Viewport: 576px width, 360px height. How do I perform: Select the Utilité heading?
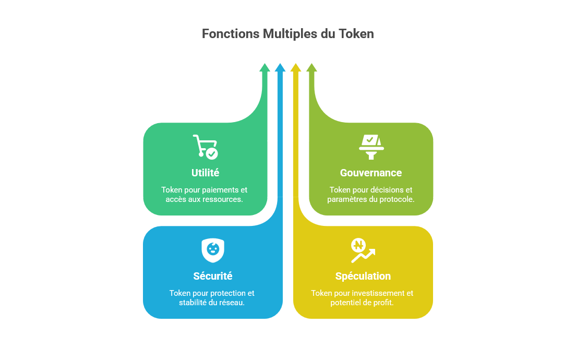205,173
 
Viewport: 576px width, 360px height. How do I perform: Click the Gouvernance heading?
371,173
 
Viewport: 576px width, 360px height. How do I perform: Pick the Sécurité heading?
213,276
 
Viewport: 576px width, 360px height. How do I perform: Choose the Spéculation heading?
363,276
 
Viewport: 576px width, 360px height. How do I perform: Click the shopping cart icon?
205,147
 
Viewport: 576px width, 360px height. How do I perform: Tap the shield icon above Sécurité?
213,250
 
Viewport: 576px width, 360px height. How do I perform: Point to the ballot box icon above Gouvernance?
371,147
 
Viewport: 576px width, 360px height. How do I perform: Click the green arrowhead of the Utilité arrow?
265,67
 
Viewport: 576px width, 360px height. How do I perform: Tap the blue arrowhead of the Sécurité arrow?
280,67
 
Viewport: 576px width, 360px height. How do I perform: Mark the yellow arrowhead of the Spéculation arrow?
296,67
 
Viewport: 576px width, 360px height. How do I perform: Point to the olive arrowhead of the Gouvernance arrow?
311,67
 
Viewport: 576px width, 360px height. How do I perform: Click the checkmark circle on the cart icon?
212,153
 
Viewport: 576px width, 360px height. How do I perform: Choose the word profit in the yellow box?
383,303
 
